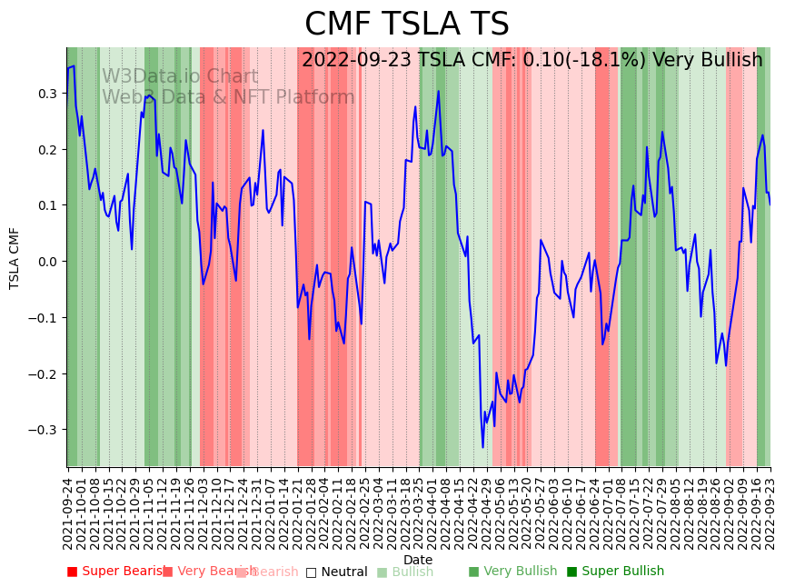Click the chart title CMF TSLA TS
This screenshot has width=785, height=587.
click(406, 25)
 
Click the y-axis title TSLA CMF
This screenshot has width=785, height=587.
click(15, 258)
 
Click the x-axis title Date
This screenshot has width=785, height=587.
click(418, 560)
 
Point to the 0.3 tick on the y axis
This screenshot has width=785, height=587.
click(47, 94)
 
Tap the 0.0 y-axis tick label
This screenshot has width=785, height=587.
click(47, 262)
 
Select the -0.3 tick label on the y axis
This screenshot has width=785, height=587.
click(45, 430)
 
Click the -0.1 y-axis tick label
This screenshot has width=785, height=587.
click(45, 318)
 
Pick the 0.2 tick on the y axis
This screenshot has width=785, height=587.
click(47, 150)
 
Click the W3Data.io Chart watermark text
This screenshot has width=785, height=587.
click(180, 76)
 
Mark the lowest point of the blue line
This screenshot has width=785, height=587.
click(482, 447)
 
